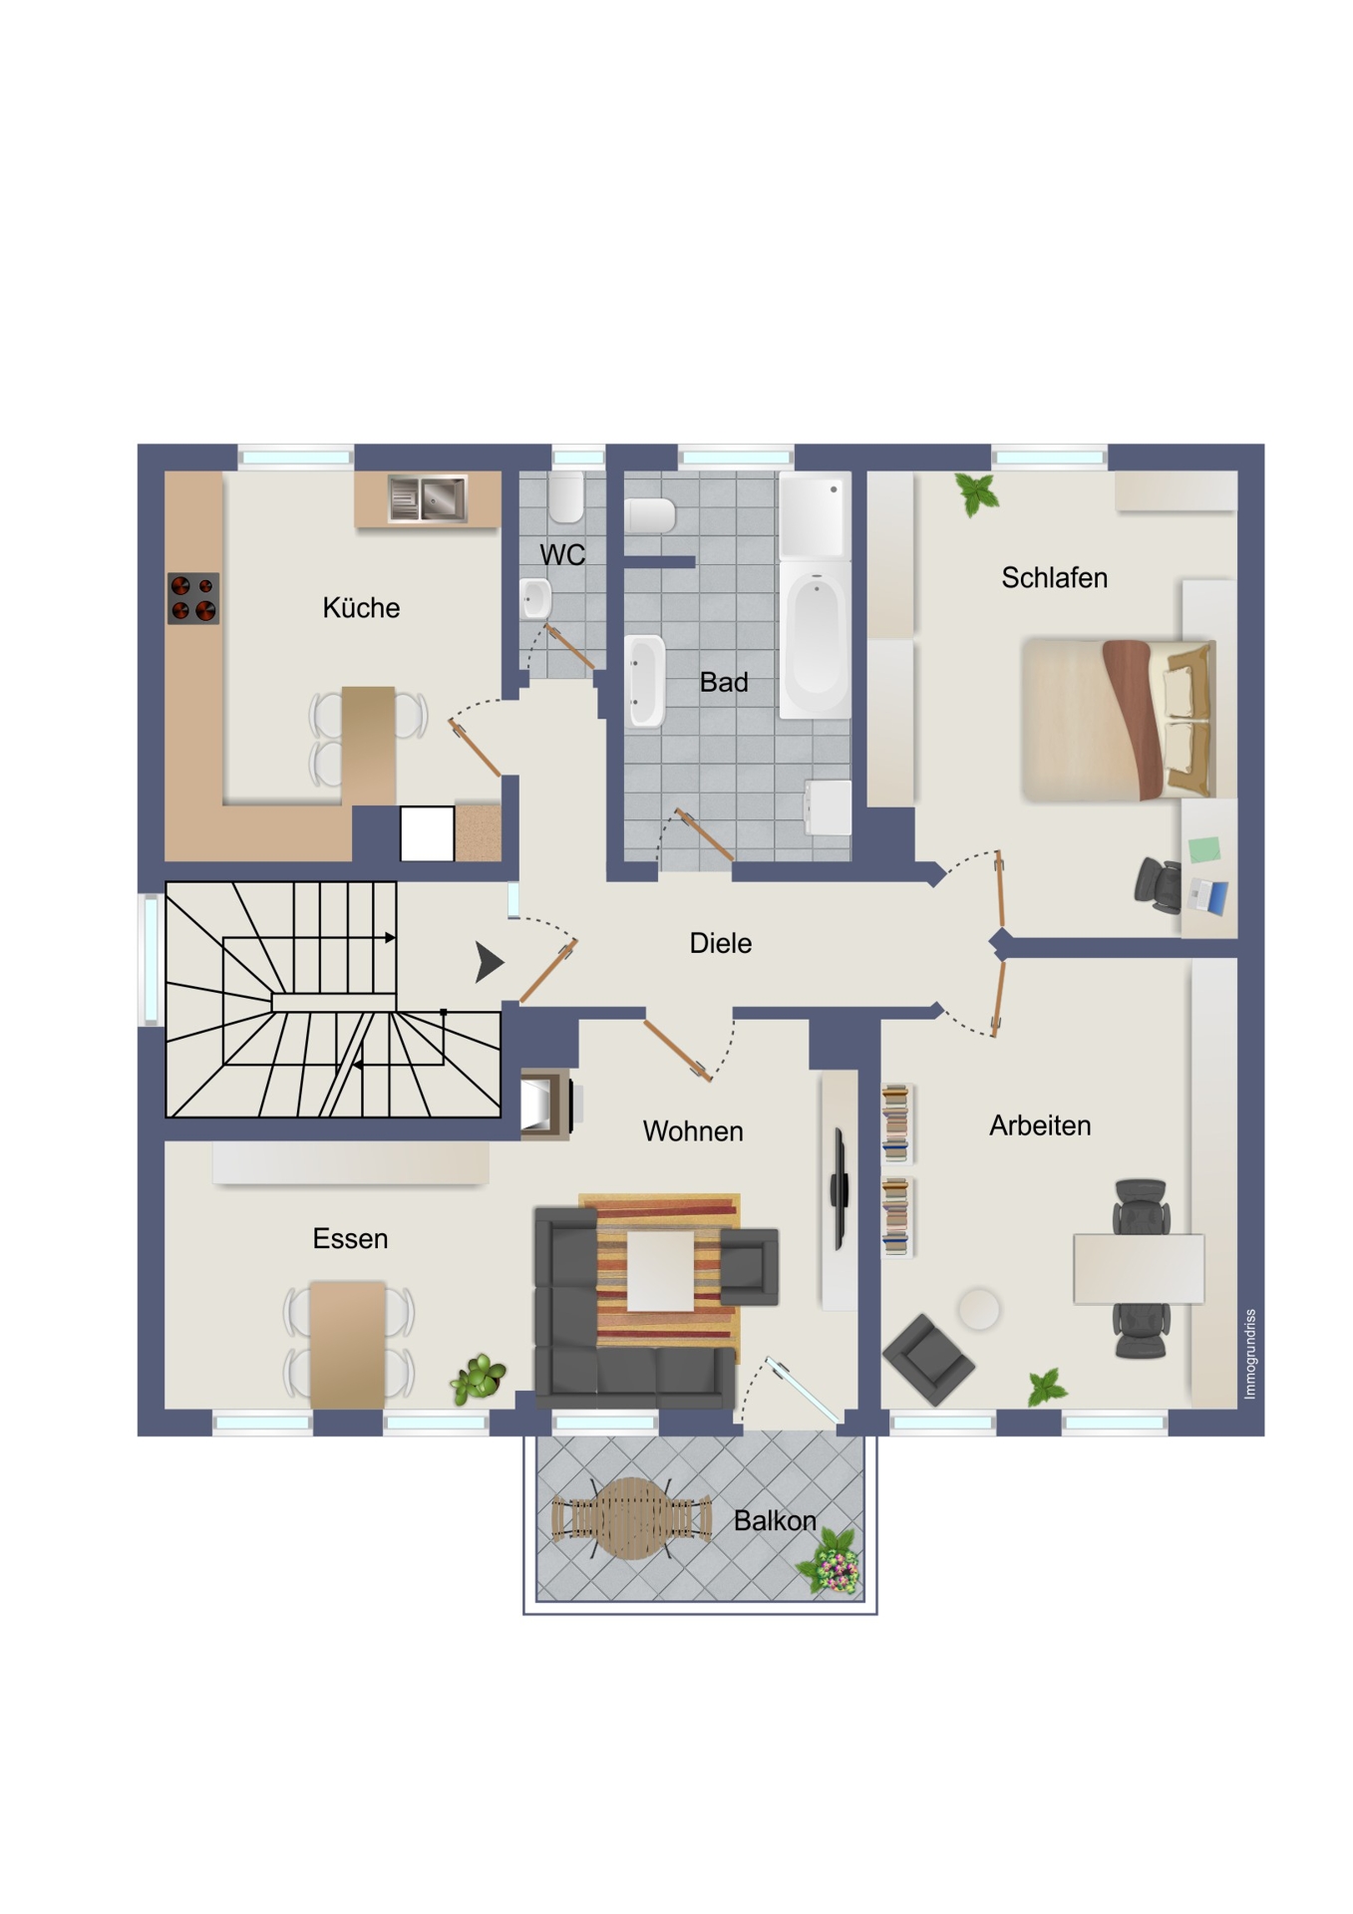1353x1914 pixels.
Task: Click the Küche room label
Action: coord(361,607)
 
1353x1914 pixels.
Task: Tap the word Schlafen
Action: coord(1054,577)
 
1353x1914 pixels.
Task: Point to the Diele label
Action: coord(720,943)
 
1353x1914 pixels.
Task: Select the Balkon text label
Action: coord(775,1520)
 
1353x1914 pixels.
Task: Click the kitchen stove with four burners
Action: coord(193,598)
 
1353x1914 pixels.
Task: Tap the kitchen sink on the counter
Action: coord(428,498)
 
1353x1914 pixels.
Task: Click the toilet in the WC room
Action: coord(566,496)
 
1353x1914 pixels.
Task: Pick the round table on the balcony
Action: coord(631,1518)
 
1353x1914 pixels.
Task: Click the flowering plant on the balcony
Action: coord(832,1561)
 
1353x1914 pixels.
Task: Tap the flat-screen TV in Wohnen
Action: coord(840,1188)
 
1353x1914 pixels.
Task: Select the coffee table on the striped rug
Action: coord(660,1270)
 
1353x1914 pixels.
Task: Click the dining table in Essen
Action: coord(348,1345)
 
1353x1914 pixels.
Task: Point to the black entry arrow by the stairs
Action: coord(489,962)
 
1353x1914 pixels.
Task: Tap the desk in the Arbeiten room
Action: coord(1139,1268)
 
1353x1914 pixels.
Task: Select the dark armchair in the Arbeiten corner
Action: coord(928,1359)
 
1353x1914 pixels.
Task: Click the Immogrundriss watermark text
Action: coord(1250,1354)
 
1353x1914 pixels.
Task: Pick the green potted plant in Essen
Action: coord(479,1379)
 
